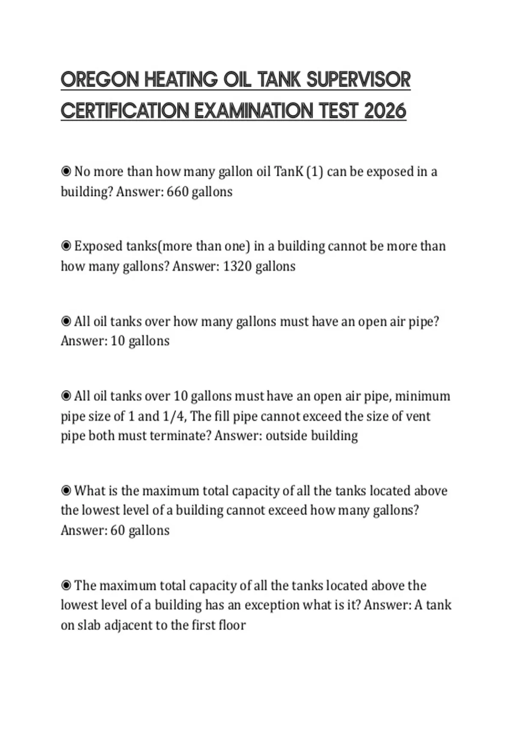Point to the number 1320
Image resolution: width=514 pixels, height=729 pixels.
237,266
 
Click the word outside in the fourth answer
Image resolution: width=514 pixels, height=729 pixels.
286,436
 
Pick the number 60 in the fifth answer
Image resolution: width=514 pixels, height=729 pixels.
117,530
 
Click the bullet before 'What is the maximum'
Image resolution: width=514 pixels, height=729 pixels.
66,490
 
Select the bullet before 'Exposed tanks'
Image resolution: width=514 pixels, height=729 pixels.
66,246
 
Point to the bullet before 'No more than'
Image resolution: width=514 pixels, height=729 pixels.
66,172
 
